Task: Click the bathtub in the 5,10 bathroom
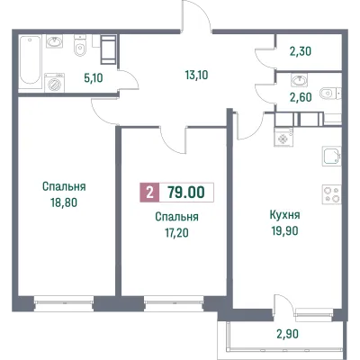click(31, 59)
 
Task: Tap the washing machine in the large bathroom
click(54, 82)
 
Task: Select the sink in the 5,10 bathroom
click(55, 41)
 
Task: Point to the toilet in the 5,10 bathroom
click(79, 46)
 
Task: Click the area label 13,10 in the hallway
click(197, 75)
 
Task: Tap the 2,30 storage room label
click(301, 51)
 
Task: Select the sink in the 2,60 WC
click(299, 80)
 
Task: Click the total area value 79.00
click(186, 193)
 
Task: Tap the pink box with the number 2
click(149, 193)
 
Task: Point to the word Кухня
click(285, 215)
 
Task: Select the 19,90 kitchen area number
click(285, 231)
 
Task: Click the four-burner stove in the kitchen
click(331, 194)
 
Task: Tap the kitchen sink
click(331, 156)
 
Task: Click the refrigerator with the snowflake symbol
click(283, 137)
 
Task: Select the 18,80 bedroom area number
click(64, 202)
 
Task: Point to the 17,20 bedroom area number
click(176, 232)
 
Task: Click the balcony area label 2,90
click(287, 334)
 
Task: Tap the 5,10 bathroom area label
click(93, 78)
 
